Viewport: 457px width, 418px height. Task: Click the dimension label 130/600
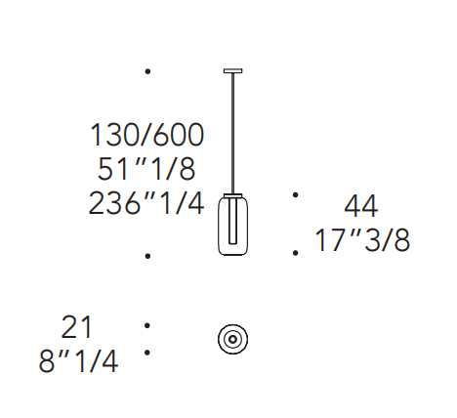(x=146, y=135)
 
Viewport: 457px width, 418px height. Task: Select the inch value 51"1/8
(x=146, y=169)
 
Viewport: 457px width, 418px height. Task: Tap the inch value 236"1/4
(x=146, y=203)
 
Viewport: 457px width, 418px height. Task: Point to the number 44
(x=361, y=206)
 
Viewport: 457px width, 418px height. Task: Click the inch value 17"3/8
(x=362, y=240)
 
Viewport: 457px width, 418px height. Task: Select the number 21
(x=77, y=327)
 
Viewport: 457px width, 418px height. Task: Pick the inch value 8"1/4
(x=78, y=361)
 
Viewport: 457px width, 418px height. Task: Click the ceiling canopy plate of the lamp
(x=232, y=70)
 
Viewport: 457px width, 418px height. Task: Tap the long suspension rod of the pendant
(x=232, y=134)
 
